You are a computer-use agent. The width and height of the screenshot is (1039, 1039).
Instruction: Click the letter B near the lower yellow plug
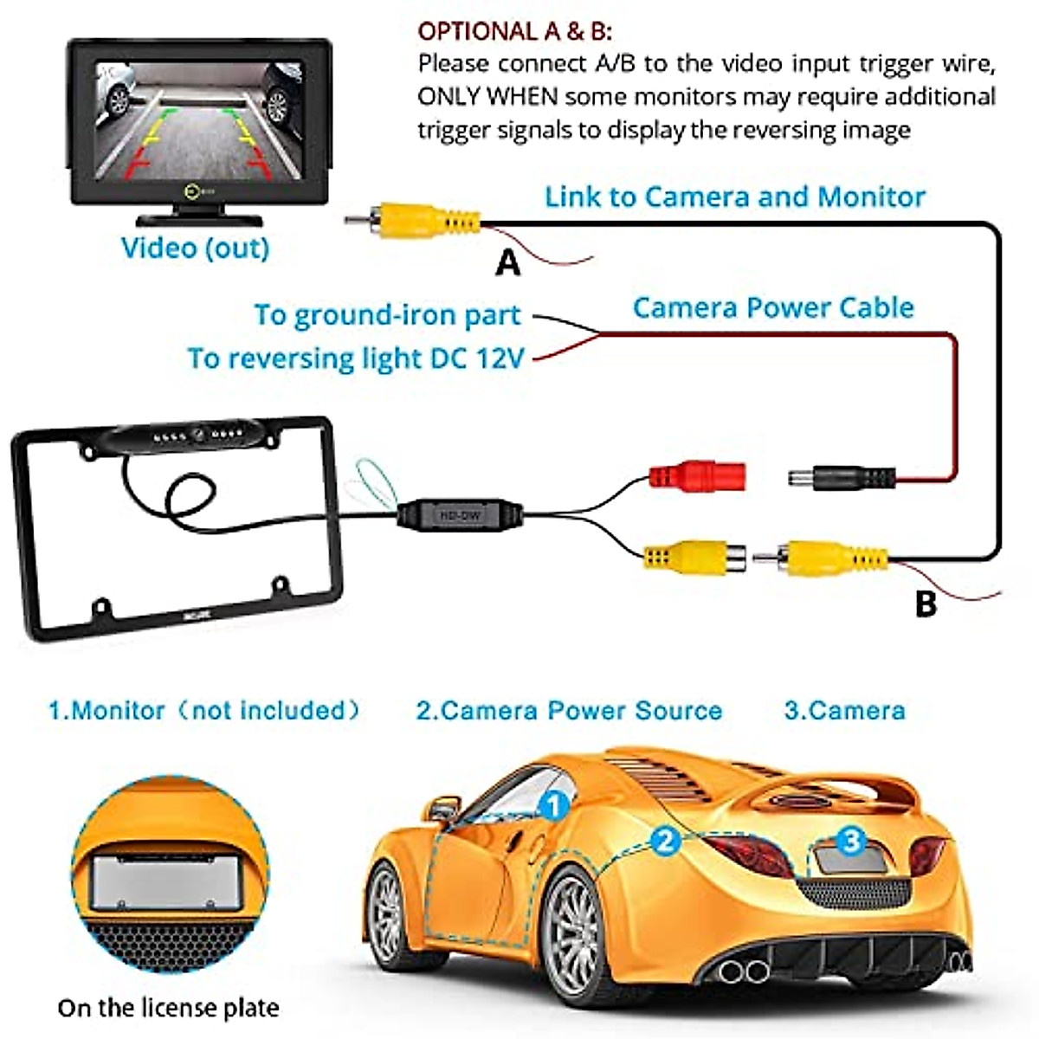[926, 603]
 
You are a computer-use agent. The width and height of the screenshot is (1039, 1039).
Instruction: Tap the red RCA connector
[697, 475]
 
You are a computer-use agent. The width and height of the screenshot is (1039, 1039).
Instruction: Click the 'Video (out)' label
[195, 248]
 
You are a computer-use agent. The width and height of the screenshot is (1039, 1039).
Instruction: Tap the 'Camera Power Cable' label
[773, 307]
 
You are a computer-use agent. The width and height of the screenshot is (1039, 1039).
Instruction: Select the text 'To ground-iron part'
[387, 315]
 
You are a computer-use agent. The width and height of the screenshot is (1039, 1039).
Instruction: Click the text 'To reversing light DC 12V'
[356, 358]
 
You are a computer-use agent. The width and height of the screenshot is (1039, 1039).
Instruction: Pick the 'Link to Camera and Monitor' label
[734, 197]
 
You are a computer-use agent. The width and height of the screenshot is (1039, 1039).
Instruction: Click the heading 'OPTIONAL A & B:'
[514, 32]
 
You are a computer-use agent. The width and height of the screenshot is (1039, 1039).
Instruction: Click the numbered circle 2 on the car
[665, 841]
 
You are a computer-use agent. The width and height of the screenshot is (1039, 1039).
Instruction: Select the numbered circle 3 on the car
[852, 839]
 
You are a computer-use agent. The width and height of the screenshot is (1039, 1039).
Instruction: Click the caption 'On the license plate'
[168, 1008]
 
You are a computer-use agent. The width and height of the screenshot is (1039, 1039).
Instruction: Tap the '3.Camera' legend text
[844, 711]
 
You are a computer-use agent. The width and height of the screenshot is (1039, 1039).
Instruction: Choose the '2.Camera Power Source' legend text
[569, 711]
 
